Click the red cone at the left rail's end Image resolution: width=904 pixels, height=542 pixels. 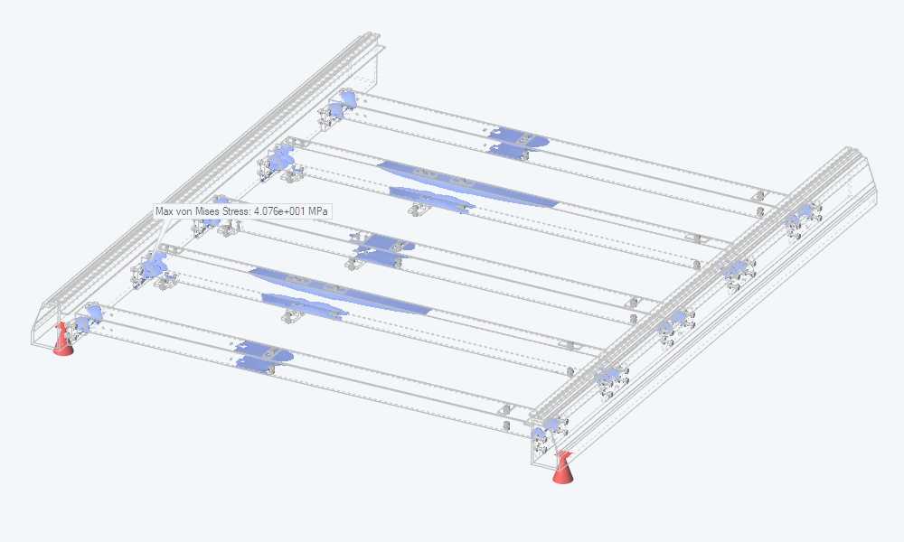point(62,340)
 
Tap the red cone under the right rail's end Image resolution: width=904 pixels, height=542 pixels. point(562,468)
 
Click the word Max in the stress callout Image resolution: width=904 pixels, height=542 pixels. point(164,211)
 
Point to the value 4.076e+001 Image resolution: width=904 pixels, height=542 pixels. point(279,211)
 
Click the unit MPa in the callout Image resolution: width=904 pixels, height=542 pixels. point(317,211)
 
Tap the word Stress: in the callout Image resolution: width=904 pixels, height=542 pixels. point(233,211)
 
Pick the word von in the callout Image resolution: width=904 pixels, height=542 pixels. point(183,211)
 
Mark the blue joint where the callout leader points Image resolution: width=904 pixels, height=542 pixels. point(154,265)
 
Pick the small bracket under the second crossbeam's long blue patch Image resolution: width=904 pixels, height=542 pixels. point(419,209)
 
